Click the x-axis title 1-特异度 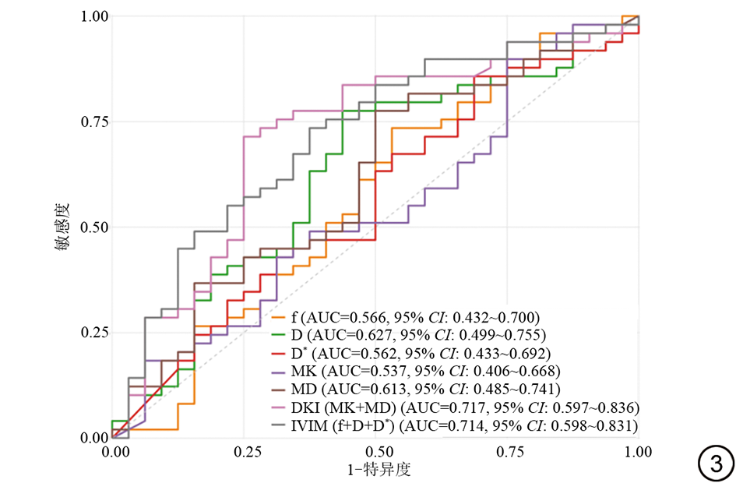377,470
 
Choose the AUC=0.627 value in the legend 351,336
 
